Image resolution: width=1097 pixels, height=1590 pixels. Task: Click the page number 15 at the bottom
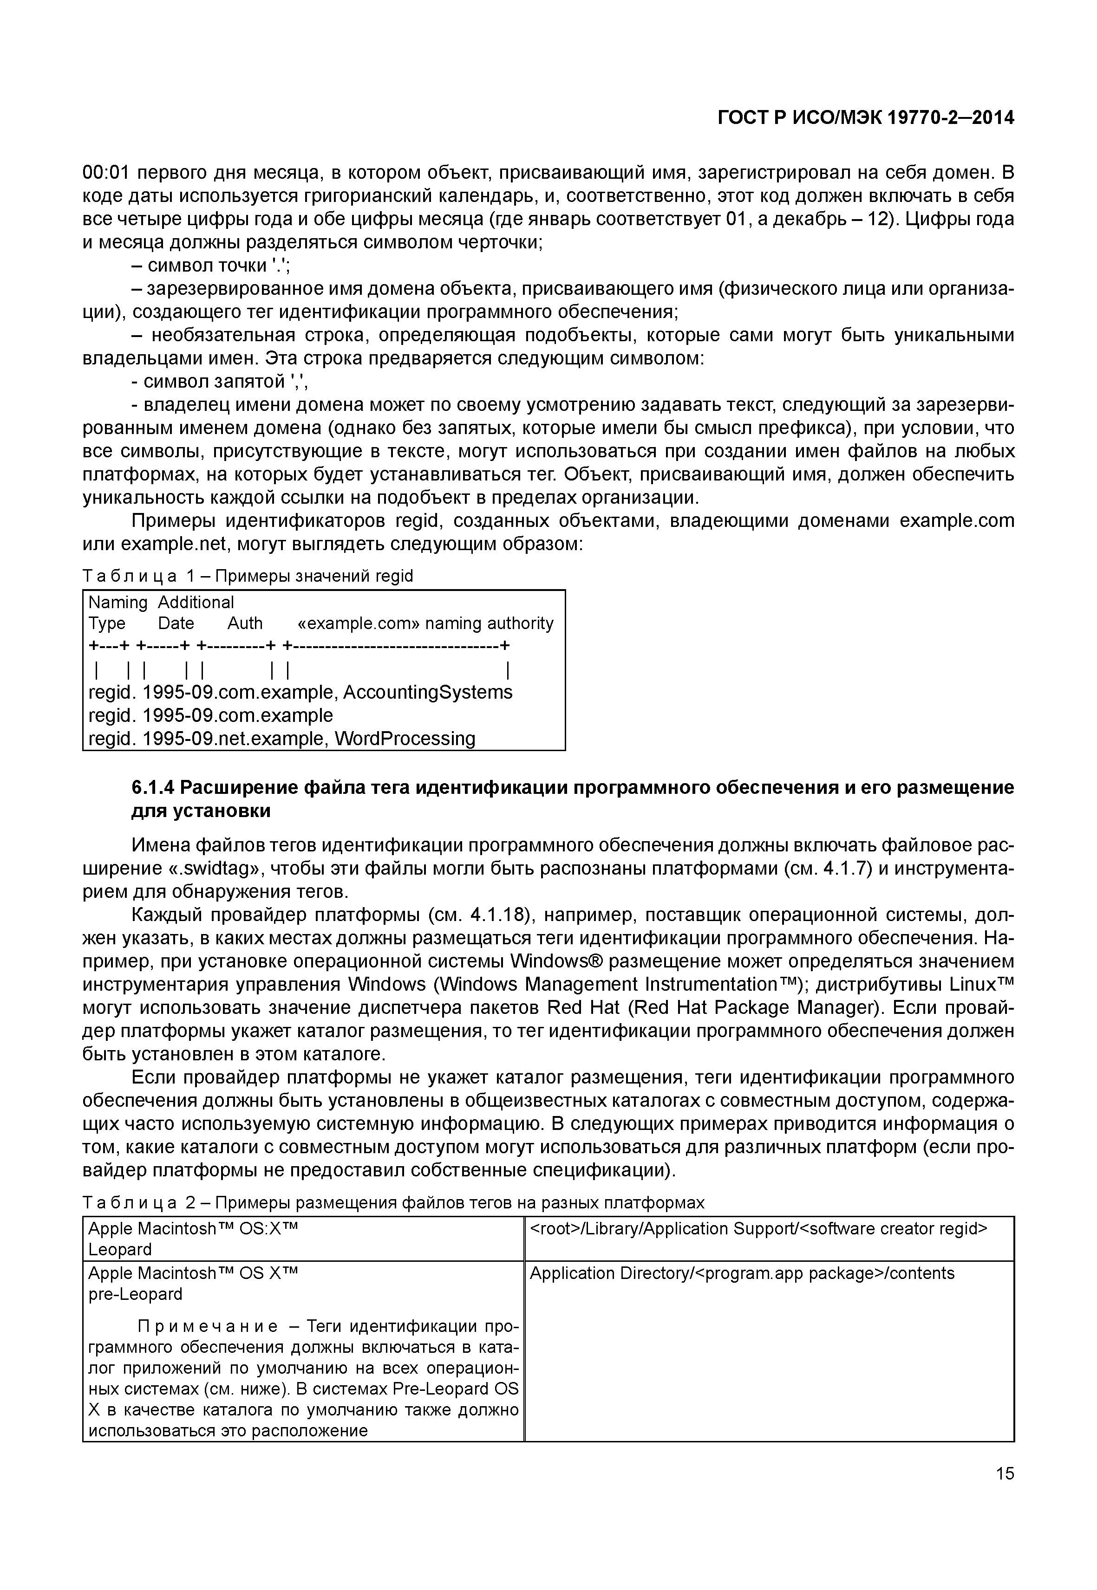[1004, 1473]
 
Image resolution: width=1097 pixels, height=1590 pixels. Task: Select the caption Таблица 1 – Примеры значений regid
[248, 576]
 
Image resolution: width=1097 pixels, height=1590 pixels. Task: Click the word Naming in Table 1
[118, 603]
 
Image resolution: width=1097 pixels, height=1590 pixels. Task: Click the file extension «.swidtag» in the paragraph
[215, 869]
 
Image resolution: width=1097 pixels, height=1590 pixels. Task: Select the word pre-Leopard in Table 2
[136, 1295]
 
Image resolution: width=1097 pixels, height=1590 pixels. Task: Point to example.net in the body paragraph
[173, 544]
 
